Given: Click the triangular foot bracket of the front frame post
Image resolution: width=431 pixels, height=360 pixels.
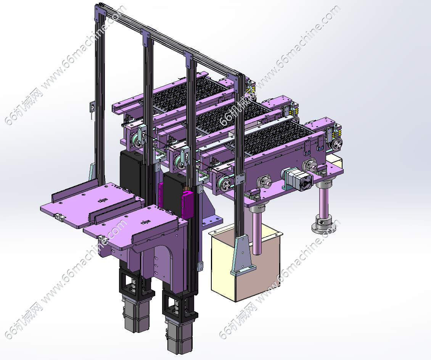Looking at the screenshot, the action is (243, 256).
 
